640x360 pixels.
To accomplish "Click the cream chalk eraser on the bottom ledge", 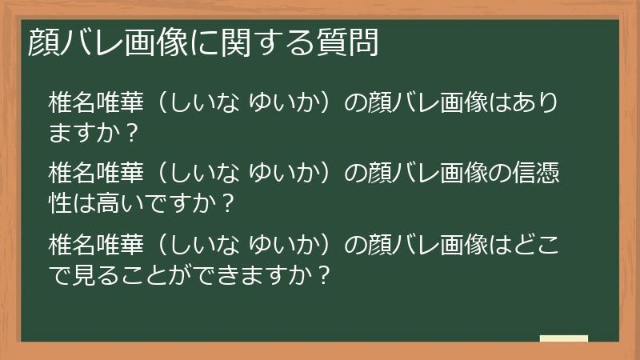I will (563, 338).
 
